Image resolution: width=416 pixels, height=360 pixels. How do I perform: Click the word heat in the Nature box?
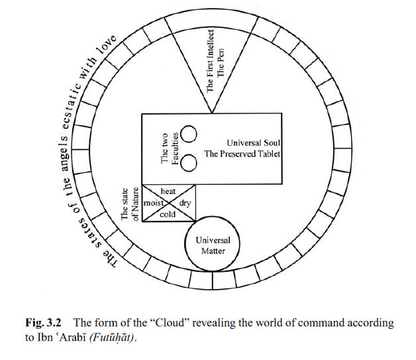click(168, 191)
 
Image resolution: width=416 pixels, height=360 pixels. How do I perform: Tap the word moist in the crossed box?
click(153, 202)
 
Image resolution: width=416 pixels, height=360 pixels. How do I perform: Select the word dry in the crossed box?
click(185, 203)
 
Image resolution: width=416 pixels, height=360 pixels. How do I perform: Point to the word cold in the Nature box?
click(168, 215)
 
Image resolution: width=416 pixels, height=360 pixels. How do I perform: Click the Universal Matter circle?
click(213, 245)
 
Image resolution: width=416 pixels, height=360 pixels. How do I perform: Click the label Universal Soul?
click(254, 143)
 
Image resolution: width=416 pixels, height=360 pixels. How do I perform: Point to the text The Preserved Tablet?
click(242, 154)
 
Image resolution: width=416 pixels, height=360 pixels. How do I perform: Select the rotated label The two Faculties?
click(170, 148)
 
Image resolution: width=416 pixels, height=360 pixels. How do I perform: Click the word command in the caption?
click(319, 324)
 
